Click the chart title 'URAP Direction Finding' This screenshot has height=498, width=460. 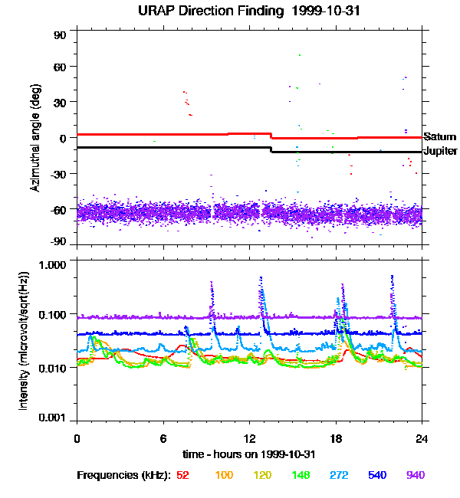[202, 11]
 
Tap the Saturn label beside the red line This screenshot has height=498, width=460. [439, 137]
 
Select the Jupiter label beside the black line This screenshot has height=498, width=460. [440, 151]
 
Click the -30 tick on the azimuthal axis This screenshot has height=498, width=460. [59, 174]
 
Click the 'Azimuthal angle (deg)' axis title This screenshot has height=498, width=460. [34, 137]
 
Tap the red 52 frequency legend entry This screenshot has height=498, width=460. [182, 475]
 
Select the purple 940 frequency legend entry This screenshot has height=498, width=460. [415, 475]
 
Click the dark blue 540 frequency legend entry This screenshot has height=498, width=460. [376, 475]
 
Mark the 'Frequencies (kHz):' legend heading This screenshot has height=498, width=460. [123, 475]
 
